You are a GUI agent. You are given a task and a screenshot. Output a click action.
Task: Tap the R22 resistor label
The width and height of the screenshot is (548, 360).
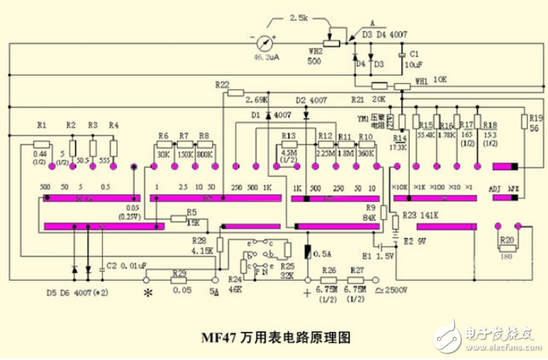(x=222, y=84)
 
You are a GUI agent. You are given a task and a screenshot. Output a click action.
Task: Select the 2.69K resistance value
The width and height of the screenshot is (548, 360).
(x=256, y=100)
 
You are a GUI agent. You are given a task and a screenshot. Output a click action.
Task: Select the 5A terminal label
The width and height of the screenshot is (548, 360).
(x=215, y=292)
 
